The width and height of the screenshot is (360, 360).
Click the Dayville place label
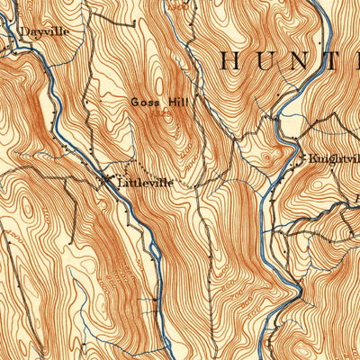pyautogui.click(x=44, y=30)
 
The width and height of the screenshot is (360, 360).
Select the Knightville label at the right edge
pyautogui.click(x=333, y=157)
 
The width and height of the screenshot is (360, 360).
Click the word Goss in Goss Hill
pyautogui.click(x=145, y=102)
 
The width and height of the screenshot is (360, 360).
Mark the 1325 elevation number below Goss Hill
pyautogui.click(x=160, y=113)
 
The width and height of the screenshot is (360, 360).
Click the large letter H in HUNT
pyautogui.click(x=231, y=61)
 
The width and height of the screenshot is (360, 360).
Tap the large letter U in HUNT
pyautogui.click(x=271, y=61)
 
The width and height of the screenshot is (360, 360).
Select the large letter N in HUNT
pyautogui.click(x=311, y=61)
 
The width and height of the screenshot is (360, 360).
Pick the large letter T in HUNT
pyautogui.click(x=349, y=61)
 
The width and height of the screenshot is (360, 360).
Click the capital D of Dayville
pyautogui.click(x=25, y=30)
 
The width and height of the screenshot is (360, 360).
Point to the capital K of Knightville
pyautogui.click(x=313, y=157)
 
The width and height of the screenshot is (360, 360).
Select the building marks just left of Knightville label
pyautogui.click(x=300, y=160)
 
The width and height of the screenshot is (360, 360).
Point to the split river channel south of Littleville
pyautogui.click(x=158, y=261)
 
